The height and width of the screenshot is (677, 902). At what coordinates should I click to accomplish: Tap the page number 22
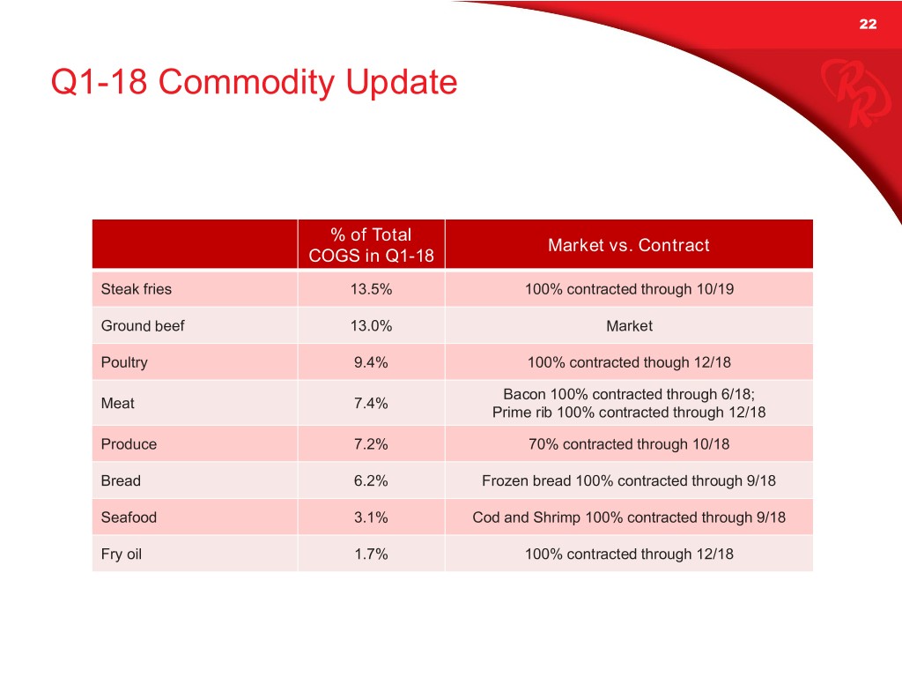(868, 24)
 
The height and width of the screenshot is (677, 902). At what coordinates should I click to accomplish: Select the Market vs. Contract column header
(628, 245)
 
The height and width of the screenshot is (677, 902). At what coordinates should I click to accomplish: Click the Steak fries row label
(137, 289)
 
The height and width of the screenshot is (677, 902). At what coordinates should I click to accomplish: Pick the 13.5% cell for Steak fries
(371, 289)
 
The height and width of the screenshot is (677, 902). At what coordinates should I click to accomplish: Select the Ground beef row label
(143, 326)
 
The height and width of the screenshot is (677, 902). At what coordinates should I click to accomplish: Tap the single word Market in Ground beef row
(629, 326)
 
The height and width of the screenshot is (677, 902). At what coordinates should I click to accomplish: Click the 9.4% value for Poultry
(371, 362)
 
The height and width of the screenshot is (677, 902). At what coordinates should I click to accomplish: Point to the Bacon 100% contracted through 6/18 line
(629, 394)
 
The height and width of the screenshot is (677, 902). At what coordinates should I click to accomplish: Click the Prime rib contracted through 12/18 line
(629, 413)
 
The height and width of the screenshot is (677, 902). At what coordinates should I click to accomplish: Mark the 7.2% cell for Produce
(371, 444)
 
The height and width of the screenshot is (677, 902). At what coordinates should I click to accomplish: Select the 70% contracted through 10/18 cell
(629, 444)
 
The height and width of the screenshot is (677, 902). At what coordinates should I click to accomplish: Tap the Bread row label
(121, 480)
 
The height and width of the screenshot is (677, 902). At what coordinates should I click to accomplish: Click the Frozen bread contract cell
(629, 480)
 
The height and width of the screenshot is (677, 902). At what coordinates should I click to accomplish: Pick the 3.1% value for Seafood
(371, 517)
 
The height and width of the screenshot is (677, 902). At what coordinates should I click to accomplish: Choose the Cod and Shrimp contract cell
(629, 517)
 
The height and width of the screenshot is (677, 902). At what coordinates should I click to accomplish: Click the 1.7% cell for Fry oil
(371, 554)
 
